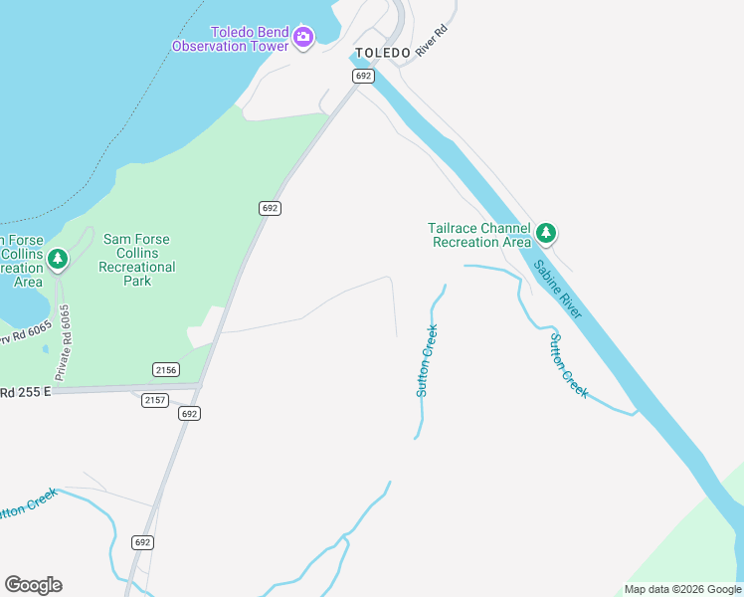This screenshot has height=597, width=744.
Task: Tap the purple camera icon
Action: (303, 39)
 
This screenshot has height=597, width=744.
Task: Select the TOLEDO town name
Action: (383, 53)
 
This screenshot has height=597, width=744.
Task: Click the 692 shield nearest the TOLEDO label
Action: (362, 76)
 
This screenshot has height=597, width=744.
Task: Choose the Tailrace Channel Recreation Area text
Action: (479, 235)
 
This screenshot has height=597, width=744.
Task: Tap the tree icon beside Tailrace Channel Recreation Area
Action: (545, 233)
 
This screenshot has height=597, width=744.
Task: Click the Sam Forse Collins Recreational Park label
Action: (137, 260)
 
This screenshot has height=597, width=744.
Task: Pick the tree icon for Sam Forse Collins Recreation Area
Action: (58, 260)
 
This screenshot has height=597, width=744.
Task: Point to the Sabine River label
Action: (557, 290)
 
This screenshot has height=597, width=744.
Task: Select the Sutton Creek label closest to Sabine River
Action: (569, 365)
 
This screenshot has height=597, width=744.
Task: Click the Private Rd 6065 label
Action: (65, 342)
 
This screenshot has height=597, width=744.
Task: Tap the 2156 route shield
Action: (165, 369)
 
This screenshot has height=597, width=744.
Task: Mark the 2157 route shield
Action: (154, 400)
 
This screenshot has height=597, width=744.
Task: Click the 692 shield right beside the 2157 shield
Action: (190, 413)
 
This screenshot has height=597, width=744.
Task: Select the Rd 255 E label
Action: (24, 392)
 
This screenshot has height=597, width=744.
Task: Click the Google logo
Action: (33, 585)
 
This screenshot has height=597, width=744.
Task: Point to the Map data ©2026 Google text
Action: (682, 589)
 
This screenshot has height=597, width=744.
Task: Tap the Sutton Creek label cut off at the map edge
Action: (28, 506)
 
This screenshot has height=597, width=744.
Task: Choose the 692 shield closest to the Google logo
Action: (143, 542)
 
